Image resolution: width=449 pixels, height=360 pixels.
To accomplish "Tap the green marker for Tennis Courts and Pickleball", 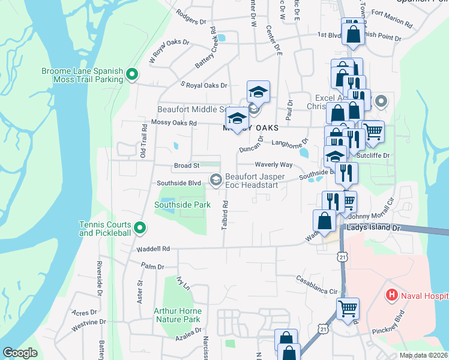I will click(140, 227).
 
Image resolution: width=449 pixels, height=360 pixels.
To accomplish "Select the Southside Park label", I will click(182, 205).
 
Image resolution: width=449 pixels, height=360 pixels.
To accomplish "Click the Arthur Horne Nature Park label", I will click(177, 315).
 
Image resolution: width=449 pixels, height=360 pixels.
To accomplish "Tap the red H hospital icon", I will click(391, 295).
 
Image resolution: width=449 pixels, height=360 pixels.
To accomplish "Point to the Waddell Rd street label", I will click(154, 248).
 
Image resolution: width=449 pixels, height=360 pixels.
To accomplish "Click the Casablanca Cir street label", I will click(318, 285).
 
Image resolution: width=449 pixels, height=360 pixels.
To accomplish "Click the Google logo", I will click(20, 353).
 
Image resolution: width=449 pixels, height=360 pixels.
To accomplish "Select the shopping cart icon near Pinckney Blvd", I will click(348, 308).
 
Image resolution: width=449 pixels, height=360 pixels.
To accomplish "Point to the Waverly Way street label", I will click(273, 164).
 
